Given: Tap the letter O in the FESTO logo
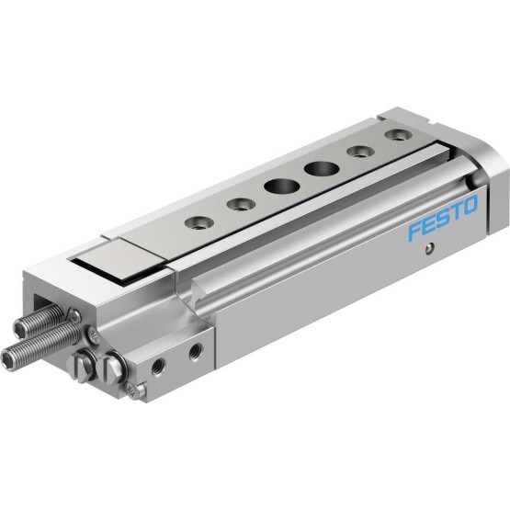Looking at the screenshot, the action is tap(470, 205).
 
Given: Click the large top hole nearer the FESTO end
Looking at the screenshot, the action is tap(321, 169).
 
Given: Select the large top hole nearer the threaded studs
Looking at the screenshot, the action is tap(282, 187).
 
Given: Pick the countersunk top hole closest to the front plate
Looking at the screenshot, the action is tap(199, 223).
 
